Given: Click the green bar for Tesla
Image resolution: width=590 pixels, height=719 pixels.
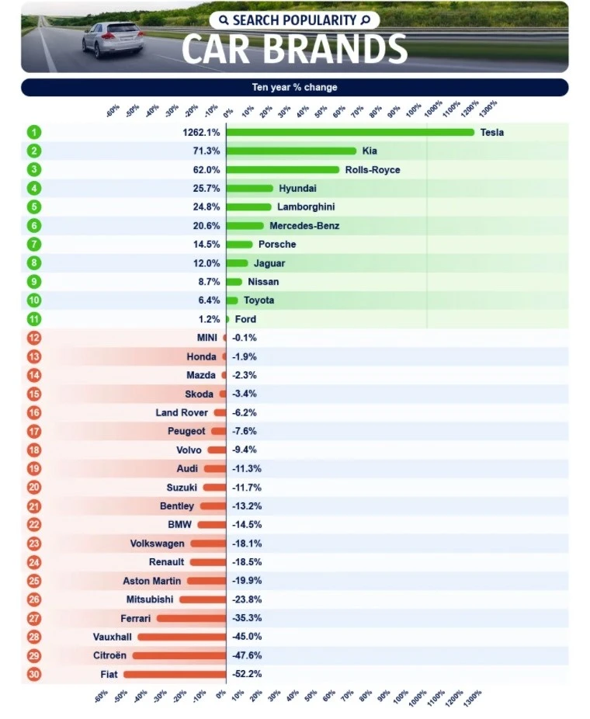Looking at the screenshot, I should (349, 132).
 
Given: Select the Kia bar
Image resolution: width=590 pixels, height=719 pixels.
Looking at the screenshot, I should (291, 151).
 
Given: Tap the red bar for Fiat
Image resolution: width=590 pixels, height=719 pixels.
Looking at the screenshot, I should (174, 674).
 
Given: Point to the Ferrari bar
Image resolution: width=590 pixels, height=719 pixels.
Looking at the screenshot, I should (191, 618).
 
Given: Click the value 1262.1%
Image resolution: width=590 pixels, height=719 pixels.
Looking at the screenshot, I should (201, 132).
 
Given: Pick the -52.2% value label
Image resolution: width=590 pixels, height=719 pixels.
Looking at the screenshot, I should (247, 674).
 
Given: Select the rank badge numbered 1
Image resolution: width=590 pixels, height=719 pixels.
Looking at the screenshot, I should (33, 132).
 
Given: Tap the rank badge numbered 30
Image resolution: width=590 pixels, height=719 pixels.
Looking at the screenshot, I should (33, 674).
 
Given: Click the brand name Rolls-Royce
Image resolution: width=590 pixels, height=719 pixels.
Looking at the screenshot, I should (373, 169).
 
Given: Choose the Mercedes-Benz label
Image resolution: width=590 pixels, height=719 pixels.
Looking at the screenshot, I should (304, 226).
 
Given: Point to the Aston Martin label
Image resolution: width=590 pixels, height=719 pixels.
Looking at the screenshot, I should (151, 581).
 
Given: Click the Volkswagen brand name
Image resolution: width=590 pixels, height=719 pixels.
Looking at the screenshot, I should (157, 544).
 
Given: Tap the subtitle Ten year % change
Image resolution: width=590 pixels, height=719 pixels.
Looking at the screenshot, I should (294, 87).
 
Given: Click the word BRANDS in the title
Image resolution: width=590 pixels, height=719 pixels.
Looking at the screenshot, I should (334, 49).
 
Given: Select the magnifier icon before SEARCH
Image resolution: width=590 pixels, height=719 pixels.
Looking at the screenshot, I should (224, 19).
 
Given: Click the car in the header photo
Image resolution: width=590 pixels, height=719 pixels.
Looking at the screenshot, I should (113, 39).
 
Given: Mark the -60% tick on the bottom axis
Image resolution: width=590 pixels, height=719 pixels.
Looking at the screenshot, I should (101, 697).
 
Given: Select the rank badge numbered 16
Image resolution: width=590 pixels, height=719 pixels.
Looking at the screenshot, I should (33, 412).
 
